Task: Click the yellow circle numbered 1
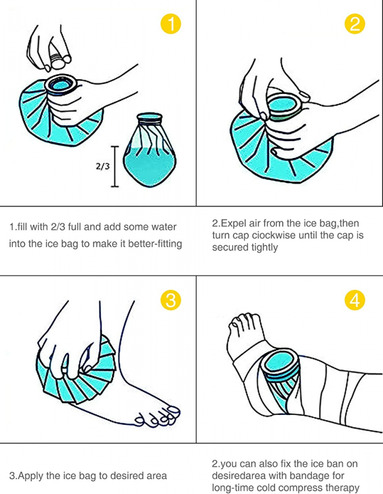tap(171, 24)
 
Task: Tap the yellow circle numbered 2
tap(355, 24)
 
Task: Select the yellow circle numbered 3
tap(171, 300)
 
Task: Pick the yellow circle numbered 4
tap(355, 300)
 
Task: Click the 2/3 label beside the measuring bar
tap(103, 166)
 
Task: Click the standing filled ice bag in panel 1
tap(150, 150)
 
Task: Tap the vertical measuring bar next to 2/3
tap(115, 166)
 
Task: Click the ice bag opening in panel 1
tap(61, 84)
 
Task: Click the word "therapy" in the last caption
tap(344, 488)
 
